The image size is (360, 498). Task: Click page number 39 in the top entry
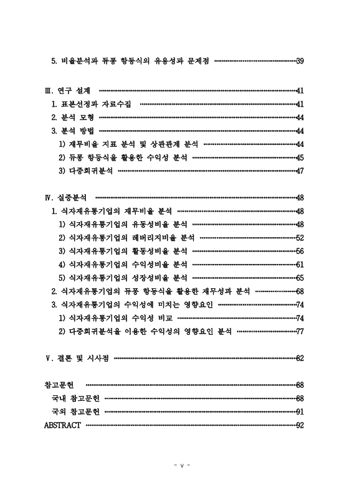click(x=300, y=61)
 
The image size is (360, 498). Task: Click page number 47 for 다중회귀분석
click(x=300, y=171)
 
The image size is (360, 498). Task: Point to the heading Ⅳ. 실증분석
click(x=65, y=197)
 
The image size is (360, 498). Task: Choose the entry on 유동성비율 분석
click(x=123, y=224)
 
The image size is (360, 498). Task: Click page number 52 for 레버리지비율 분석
click(x=300, y=238)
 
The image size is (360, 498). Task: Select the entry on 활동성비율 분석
click(x=123, y=251)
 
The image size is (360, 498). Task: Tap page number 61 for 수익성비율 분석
click(x=300, y=264)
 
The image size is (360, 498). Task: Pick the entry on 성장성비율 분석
click(x=123, y=278)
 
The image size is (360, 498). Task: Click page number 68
click(x=300, y=291)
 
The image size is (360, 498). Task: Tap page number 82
click(x=300, y=358)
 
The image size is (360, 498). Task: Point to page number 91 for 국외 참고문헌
click(x=300, y=411)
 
